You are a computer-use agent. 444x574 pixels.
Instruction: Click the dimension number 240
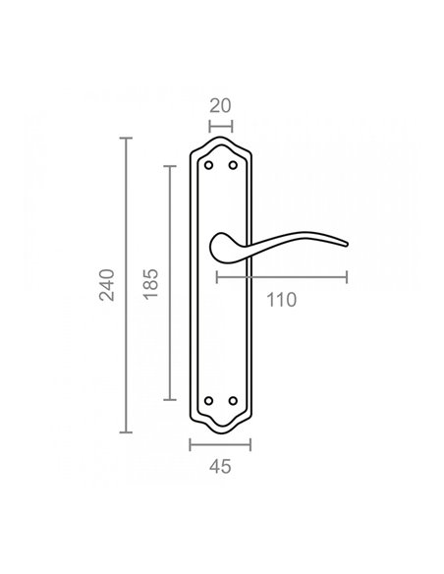click(x=107, y=285)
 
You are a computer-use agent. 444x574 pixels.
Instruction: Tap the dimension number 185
click(x=150, y=284)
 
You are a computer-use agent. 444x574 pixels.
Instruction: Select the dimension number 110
click(x=281, y=300)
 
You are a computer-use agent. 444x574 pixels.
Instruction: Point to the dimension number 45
click(x=220, y=467)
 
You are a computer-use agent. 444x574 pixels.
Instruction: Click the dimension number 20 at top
click(x=220, y=106)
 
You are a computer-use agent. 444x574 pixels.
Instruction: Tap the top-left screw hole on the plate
click(x=208, y=165)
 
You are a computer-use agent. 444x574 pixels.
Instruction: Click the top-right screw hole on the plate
click(x=233, y=165)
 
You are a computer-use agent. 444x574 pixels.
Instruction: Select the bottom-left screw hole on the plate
click(x=208, y=401)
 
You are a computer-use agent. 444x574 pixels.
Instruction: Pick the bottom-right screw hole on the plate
click(x=233, y=401)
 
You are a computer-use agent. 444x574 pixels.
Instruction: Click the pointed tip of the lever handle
click(x=347, y=244)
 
